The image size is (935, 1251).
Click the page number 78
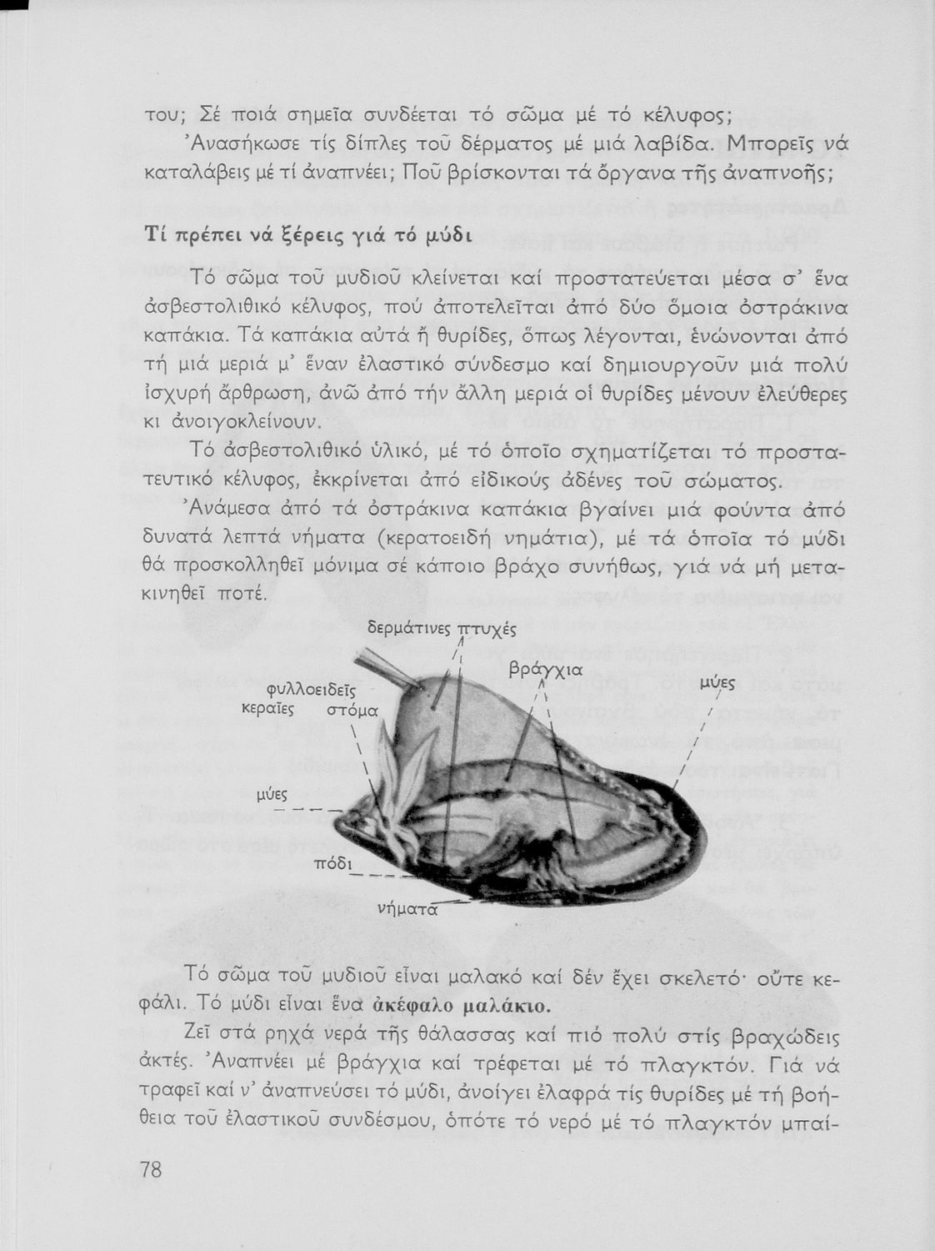pos(151,1170)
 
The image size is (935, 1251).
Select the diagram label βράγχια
pos(545,669)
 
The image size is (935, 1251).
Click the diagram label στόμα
pos(352,710)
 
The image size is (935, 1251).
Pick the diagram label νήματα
pos(407,908)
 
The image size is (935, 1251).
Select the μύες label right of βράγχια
pos(716,683)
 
